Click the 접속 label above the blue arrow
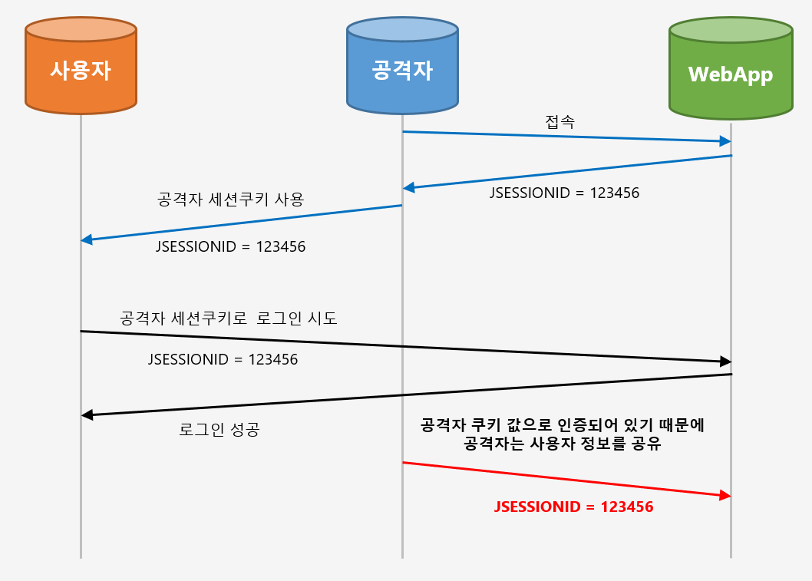point(559,121)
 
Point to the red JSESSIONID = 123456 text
point(574,507)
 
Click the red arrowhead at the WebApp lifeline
point(725,496)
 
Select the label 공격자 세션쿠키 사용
point(231,200)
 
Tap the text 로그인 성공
point(220,430)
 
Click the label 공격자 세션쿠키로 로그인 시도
point(229,319)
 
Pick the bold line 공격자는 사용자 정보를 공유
point(563,444)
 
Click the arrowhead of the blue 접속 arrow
point(725,141)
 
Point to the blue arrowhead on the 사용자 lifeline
point(87,239)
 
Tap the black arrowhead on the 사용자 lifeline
point(87,415)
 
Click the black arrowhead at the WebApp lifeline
point(725,361)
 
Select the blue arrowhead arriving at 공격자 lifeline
point(409,187)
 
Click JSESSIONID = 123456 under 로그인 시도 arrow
point(223,358)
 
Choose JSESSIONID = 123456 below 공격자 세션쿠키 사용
point(231,247)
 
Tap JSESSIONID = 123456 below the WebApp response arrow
point(564,193)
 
